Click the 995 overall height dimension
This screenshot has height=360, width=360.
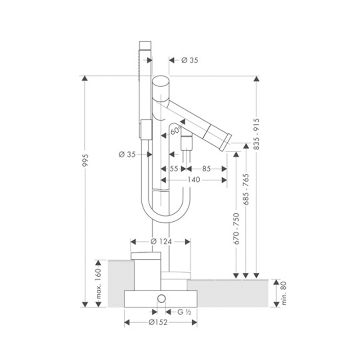click(x=85, y=160)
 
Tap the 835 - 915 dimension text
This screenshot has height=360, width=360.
click(x=256, y=134)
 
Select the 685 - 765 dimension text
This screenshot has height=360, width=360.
click(x=246, y=189)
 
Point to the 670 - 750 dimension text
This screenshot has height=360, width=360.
click(x=236, y=229)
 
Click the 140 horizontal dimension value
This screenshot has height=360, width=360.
click(x=194, y=180)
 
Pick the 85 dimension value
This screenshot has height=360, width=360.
click(x=206, y=169)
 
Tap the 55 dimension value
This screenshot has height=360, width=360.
click(x=174, y=169)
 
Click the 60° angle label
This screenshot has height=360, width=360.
click(x=175, y=130)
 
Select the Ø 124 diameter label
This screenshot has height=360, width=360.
click(x=161, y=242)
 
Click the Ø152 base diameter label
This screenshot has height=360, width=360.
click(x=158, y=322)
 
